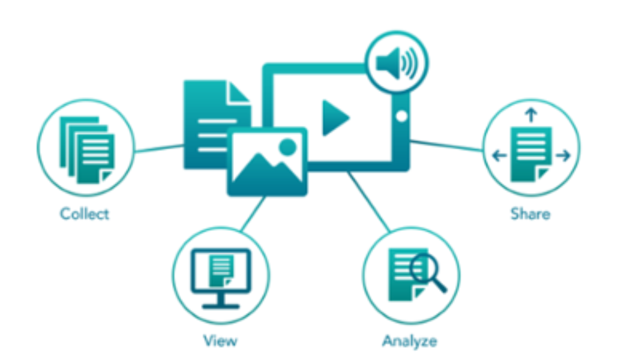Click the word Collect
(x=85, y=214)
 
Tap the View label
(x=220, y=341)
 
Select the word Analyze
(x=410, y=341)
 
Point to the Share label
(x=530, y=214)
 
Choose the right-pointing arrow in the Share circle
(x=563, y=156)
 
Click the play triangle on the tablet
(x=334, y=118)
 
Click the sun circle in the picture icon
(x=288, y=146)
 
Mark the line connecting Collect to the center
(x=158, y=148)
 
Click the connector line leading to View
(x=252, y=214)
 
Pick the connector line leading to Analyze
(x=368, y=202)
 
